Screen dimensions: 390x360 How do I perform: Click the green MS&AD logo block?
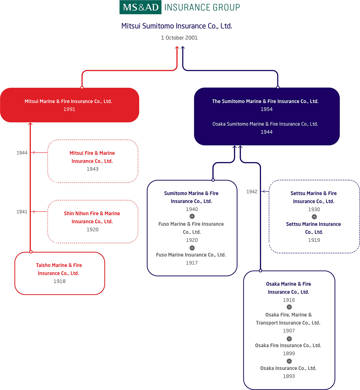coord(140,7)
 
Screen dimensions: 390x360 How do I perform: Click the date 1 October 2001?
coord(179,38)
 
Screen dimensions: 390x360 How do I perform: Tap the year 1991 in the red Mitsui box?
coord(69,109)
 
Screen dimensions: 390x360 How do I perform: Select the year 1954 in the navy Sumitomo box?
coord(266,109)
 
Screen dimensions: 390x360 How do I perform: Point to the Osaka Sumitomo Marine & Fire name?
coord(265,124)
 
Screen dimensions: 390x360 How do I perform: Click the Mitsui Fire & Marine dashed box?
coord(92,161)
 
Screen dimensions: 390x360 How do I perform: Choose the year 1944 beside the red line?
coord(22,153)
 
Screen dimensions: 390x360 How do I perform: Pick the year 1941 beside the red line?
coord(22,212)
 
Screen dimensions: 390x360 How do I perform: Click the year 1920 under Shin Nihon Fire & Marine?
coord(92,230)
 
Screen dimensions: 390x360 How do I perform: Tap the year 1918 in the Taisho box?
coord(59,281)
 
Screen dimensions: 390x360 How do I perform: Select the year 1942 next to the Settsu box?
coord(252,191)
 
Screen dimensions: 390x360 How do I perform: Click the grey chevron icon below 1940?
coord(192,216)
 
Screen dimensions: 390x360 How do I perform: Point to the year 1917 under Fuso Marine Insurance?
coord(192,263)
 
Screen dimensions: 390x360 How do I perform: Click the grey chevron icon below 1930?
coord(314,217)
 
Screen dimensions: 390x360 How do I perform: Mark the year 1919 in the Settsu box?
coord(314,240)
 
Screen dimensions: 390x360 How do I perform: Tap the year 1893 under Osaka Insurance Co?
coord(289,376)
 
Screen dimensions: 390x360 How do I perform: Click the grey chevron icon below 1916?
coord(289,307)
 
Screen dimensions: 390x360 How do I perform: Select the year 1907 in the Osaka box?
coord(289,331)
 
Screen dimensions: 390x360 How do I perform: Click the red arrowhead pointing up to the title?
coord(177,48)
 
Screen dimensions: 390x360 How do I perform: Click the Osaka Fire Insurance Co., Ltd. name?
coord(288,345)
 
